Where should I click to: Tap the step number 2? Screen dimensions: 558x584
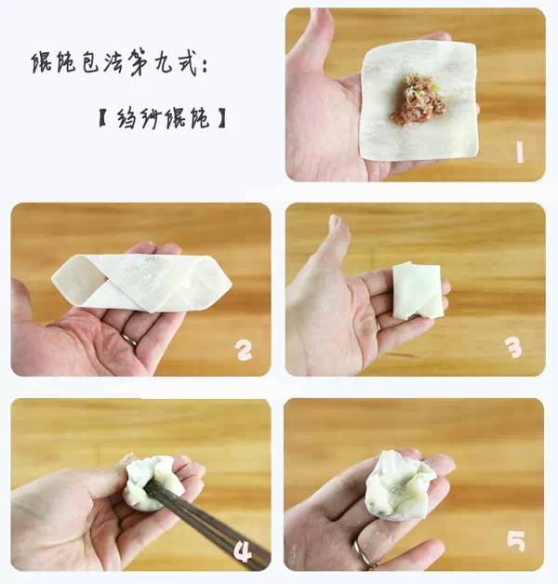(x=244, y=351)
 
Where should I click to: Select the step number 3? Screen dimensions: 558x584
(x=514, y=349)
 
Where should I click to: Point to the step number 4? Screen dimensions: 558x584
(x=243, y=551)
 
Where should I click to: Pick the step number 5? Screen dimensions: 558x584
(x=516, y=541)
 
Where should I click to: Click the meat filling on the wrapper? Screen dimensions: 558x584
(x=418, y=100)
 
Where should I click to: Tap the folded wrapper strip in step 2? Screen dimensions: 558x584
(x=141, y=283)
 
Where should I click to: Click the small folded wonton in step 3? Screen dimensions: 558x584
(x=418, y=290)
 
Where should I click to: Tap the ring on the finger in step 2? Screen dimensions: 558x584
(x=129, y=338)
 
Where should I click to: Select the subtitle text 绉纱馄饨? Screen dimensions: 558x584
(x=163, y=118)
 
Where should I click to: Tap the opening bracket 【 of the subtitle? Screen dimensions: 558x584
(x=102, y=118)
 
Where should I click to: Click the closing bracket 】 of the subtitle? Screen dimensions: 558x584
(x=221, y=118)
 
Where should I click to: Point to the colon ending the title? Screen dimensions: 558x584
(x=205, y=66)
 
